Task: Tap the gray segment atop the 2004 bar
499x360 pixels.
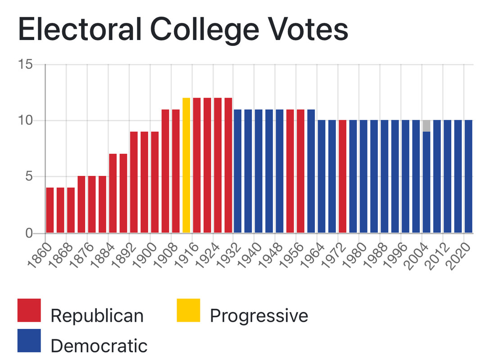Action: (x=426, y=126)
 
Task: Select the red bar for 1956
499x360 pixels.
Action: (x=301, y=171)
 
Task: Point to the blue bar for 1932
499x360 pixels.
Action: (x=238, y=171)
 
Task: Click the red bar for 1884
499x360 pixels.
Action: (x=113, y=193)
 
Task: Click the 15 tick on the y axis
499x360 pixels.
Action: (x=26, y=65)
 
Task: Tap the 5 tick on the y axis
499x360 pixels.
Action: (x=30, y=177)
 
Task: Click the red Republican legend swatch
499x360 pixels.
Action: (x=29, y=310)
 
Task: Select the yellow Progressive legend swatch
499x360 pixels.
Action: (x=188, y=310)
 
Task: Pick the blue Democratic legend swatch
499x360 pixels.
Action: (x=29, y=341)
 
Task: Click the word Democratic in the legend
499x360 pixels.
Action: (x=99, y=346)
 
